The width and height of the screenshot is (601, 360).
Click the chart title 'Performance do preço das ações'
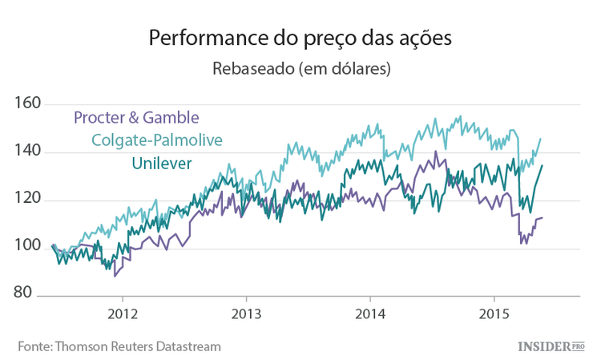pyautogui.click(x=300, y=38)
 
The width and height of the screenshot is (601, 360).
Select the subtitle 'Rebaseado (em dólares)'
pyautogui.click(x=300, y=69)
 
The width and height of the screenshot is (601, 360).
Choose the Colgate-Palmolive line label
pyautogui.click(x=157, y=140)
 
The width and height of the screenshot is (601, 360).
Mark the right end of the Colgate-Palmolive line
pyautogui.click(x=541, y=139)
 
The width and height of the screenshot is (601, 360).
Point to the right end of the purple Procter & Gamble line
pyautogui.click(x=543, y=217)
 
